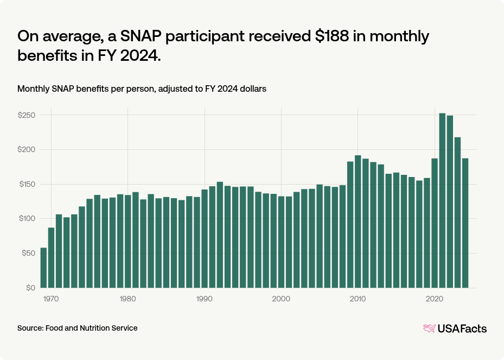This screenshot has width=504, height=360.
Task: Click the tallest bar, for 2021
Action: point(442,200)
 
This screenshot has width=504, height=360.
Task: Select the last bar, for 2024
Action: point(465,223)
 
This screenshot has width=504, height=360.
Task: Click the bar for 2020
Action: point(435,223)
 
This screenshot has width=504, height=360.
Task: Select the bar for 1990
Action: point(205,238)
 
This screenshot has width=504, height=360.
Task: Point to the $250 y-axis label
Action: point(27,116)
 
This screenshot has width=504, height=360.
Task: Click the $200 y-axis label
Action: point(27,150)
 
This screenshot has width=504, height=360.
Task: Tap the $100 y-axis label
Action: point(27,219)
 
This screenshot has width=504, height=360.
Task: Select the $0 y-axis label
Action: point(30,288)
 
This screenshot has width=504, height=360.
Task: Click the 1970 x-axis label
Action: point(51,299)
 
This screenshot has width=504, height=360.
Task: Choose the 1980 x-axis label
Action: point(127,299)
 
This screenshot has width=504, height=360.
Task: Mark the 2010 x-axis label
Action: point(358,299)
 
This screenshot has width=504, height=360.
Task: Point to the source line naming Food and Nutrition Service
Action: point(78,328)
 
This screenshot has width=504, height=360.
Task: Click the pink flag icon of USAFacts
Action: point(429,328)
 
